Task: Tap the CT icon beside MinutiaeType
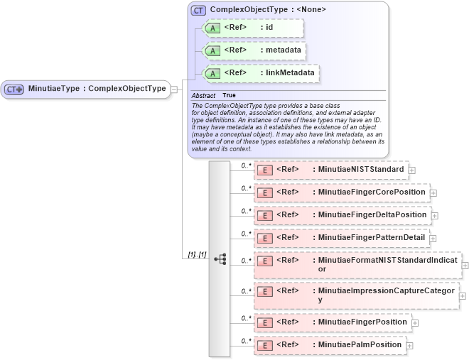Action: [14, 89]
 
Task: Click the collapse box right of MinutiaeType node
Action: [174, 89]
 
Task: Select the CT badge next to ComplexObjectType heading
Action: [198, 11]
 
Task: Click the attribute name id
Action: [269, 28]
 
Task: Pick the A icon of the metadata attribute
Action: [212, 50]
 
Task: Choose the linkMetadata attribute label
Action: [289, 72]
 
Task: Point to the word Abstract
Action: [203, 95]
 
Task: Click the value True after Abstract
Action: [229, 95]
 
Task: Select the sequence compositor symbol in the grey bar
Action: [220, 259]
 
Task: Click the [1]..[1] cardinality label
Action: [197, 254]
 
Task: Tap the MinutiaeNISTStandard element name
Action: [361, 170]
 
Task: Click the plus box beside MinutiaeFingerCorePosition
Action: [433, 192]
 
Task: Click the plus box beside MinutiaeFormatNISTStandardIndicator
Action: [465, 265]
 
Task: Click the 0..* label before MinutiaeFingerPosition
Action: [247, 318]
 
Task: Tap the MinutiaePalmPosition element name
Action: [360, 345]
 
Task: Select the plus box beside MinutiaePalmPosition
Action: [409, 346]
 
